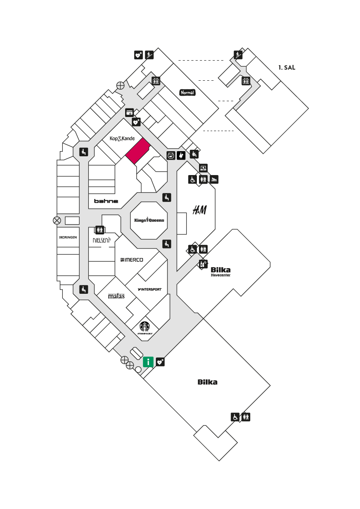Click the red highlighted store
138,151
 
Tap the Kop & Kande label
122,139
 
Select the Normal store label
187,93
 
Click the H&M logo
199,210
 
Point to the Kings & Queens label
149,220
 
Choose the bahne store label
106,201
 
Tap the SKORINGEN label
68,237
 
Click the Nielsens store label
102,240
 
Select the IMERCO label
132,260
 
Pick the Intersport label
149,289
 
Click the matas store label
116,296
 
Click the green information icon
148,362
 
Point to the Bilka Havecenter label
220,272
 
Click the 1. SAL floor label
287,67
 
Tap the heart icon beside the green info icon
161,362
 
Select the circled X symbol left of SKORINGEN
57,221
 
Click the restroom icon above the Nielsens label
100,230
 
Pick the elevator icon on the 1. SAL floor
246,81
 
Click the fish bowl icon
171,155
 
